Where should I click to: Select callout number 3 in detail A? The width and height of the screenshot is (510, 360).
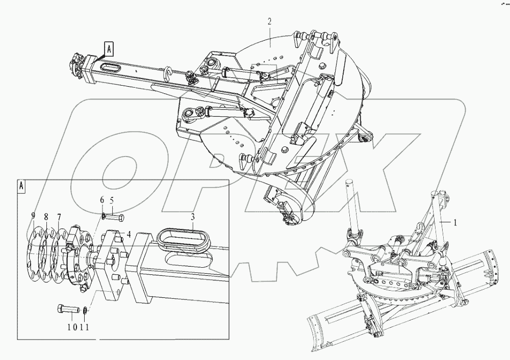[x=193, y=217]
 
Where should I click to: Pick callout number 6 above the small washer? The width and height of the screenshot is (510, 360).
[x=102, y=200]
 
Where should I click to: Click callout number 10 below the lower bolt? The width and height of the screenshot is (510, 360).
[x=71, y=327]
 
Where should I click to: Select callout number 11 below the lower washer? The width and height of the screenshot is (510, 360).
[x=86, y=327]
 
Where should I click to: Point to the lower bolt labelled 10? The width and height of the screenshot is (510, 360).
[x=67, y=309]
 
